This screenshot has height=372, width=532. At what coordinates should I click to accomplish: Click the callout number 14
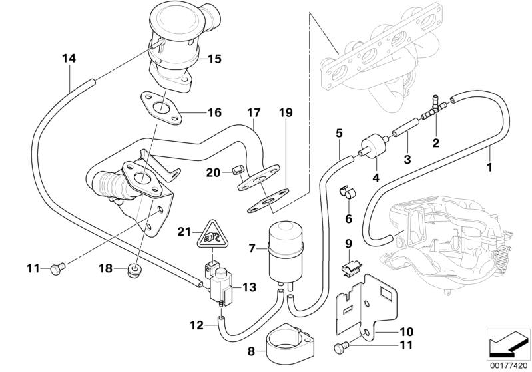coord(69,58)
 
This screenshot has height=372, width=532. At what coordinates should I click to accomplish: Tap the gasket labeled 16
coord(160,107)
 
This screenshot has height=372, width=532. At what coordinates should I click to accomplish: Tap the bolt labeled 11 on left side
coord(56,269)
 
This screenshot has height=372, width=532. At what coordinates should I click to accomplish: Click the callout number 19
coord(285,114)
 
